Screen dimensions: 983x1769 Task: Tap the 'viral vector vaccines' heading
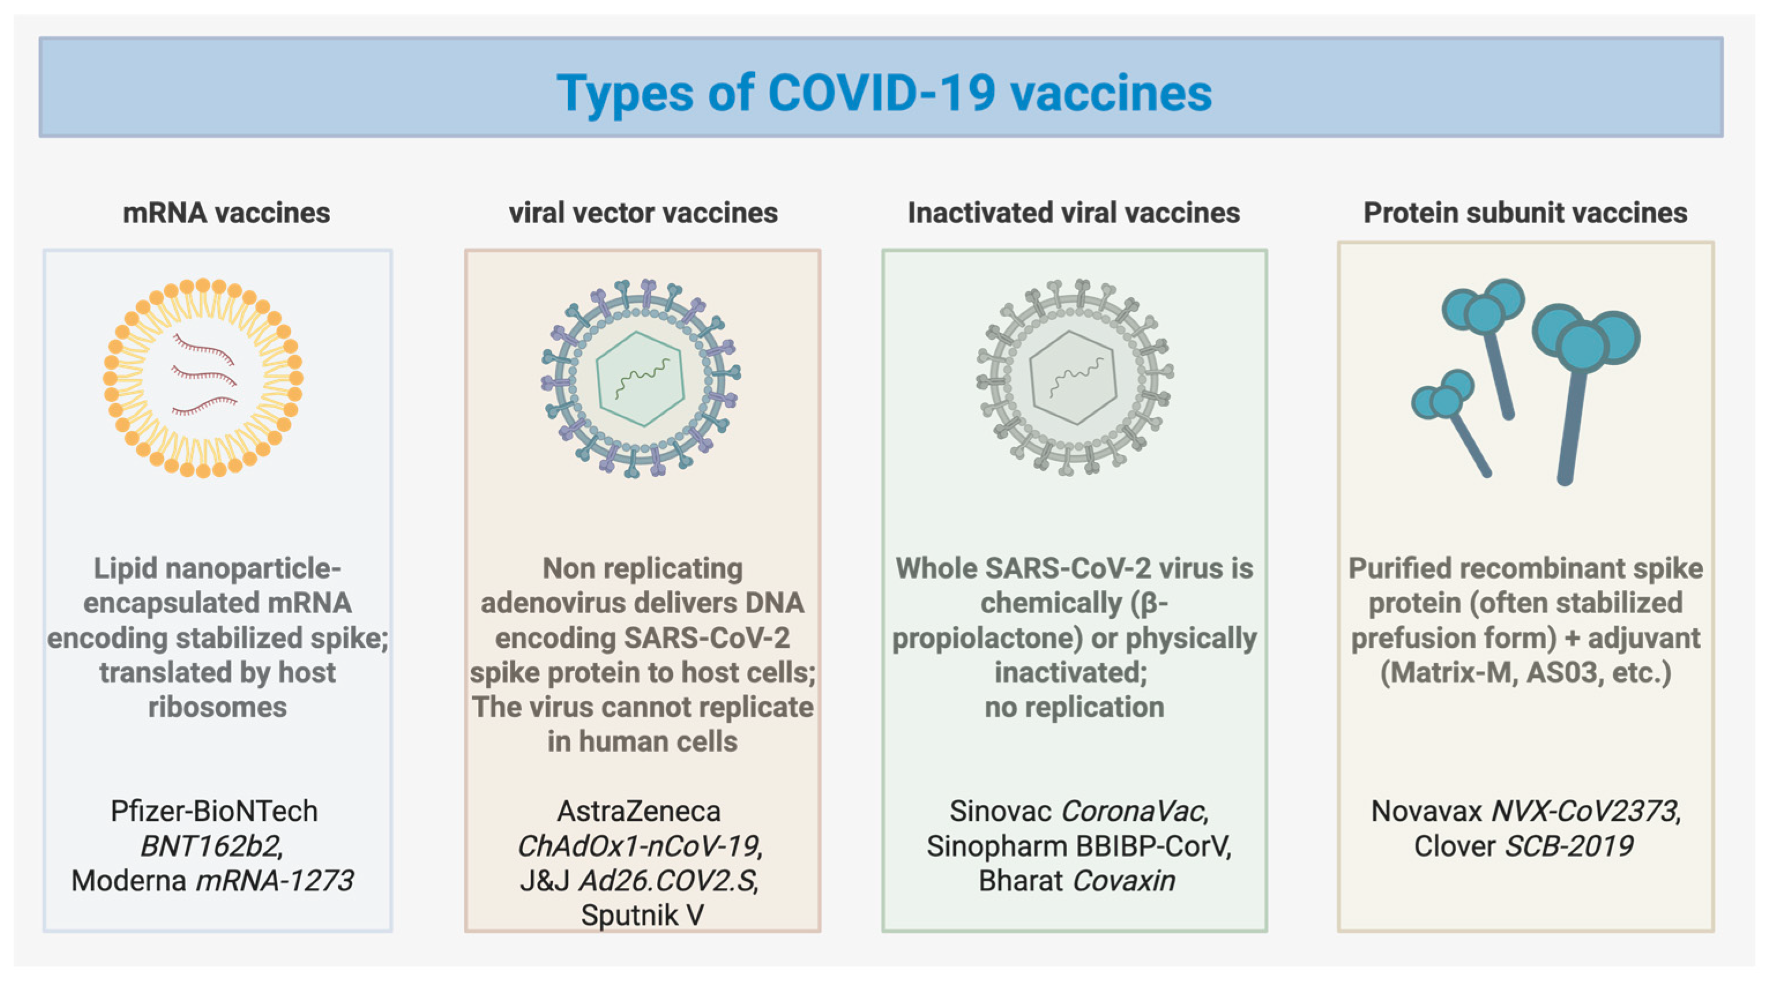pyautogui.click(x=643, y=213)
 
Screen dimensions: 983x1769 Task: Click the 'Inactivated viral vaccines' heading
pyautogui.click(x=1074, y=213)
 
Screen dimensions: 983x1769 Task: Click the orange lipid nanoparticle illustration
pyautogui.click(x=203, y=377)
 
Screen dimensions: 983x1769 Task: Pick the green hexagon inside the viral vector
pyautogui.click(x=640, y=379)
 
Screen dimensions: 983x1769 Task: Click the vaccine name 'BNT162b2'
pyautogui.click(x=211, y=846)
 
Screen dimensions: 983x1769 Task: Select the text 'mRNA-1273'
pyautogui.click(x=275, y=881)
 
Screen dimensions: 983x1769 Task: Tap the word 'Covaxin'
pyautogui.click(x=1124, y=881)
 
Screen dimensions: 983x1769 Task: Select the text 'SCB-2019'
pyautogui.click(x=1569, y=846)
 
